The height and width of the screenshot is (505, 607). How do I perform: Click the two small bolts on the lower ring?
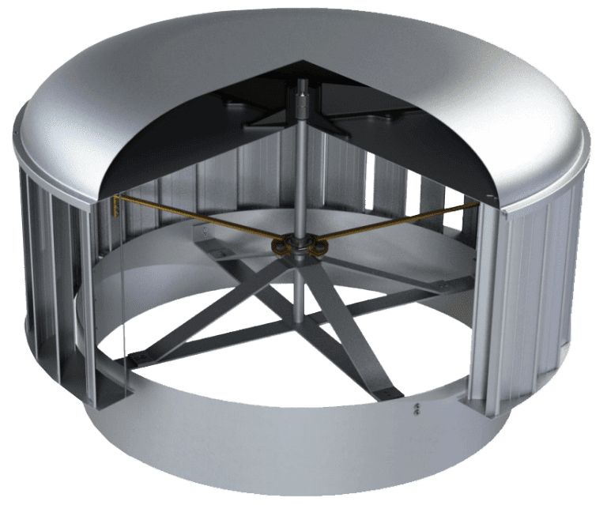[417, 412]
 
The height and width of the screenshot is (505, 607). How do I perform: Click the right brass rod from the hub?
[395, 223]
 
